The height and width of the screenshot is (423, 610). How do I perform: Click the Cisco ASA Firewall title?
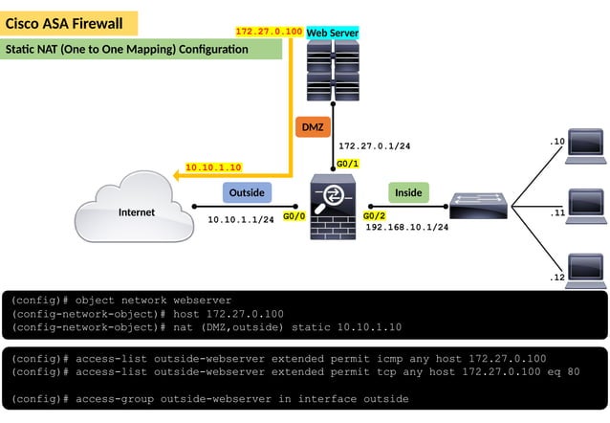pos(65,22)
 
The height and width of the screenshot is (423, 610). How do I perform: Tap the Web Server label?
pos(333,33)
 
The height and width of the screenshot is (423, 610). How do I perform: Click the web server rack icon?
pos(333,71)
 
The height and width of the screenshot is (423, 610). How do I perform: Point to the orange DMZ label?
pos(313,127)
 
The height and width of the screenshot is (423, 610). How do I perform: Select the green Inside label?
pos(408,192)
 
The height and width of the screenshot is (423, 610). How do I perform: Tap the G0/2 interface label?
pos(374,216)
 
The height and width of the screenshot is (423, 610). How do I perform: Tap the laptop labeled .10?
pos(584,144)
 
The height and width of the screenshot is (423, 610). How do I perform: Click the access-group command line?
pos(210,398)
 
